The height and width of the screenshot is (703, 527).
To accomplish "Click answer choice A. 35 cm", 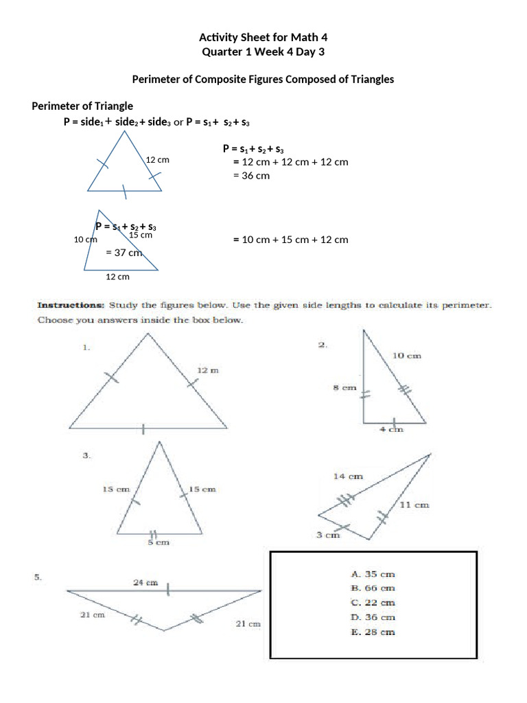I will [373, 574].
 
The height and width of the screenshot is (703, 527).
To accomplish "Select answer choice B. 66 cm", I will [373, 588].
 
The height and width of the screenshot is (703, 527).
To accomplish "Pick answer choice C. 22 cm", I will [373, 603].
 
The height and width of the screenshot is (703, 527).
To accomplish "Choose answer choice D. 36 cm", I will [373, 617].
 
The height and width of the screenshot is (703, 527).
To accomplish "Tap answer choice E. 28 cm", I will [373, 632].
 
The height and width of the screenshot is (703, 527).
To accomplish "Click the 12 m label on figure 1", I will [208, 370].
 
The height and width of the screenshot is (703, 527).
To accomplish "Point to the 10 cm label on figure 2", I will [406, 356].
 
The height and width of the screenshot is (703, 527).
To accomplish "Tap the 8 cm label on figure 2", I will [344, 388].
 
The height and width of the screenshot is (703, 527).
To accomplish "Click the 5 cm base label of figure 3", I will [159, 542].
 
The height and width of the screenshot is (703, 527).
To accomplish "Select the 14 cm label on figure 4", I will [348, 476].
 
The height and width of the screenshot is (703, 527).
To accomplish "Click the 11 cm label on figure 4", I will [414, 505].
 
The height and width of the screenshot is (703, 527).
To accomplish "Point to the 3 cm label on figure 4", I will [327, 535].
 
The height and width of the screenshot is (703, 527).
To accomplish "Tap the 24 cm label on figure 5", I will [145, 582].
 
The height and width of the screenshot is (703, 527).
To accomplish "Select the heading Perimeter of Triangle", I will [83, 106].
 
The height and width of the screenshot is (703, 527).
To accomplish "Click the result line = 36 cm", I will [251, 175].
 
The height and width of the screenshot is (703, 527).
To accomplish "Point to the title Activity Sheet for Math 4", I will [263, 37].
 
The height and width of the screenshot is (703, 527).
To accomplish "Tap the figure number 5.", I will [38, 578].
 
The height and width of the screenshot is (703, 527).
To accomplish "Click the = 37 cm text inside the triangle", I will [124, 252].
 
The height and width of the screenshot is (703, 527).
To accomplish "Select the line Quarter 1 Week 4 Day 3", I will [263, 51].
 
